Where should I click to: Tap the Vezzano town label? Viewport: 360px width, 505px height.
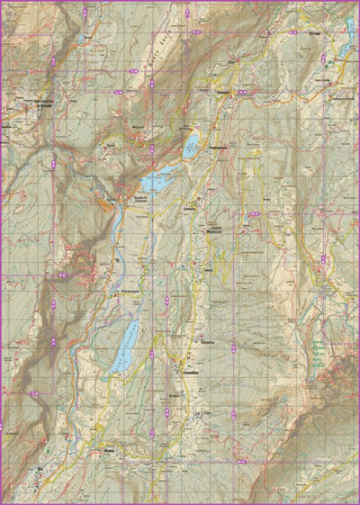(x=225, y=93)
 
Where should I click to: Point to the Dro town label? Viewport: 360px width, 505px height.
(x=38, y=469)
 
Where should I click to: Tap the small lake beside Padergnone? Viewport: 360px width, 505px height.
(x=192, y=146)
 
